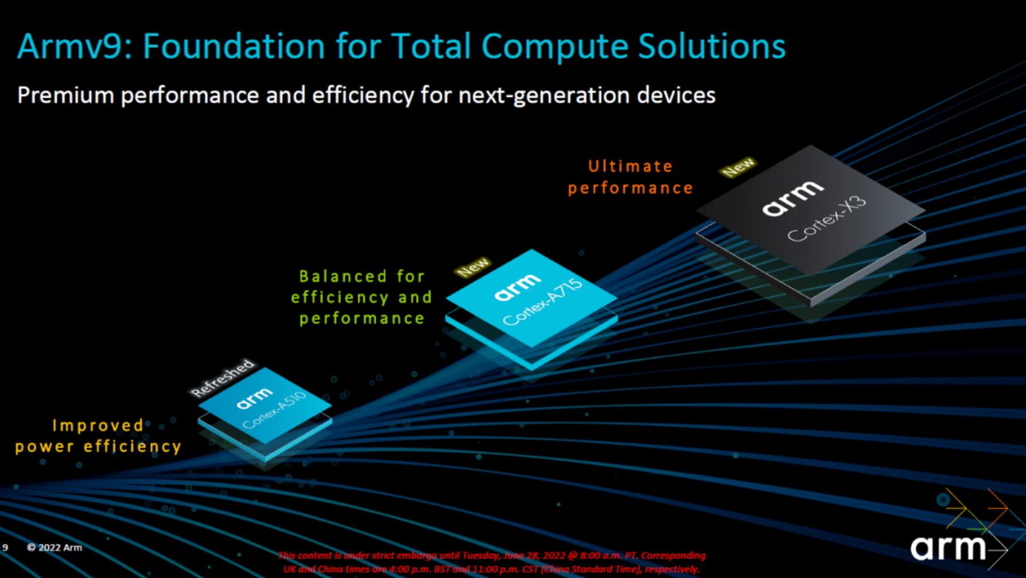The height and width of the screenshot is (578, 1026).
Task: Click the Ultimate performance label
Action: tap(630, 177)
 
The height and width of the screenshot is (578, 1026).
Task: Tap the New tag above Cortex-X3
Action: tap(738, 167)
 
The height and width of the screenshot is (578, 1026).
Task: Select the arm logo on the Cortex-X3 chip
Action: tap(792, 197)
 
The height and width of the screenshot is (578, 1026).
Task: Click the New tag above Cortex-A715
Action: tap(473, 267)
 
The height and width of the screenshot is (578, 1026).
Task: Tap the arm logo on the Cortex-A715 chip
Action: tap(517, 286)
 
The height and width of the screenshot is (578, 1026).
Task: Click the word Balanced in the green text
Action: tap(342, 276)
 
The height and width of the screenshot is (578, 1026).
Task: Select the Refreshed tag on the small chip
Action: tap(222, 378)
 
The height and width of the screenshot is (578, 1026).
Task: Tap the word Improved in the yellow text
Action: tap(98, 425)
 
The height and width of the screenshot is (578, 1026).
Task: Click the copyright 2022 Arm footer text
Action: tap(54, 548)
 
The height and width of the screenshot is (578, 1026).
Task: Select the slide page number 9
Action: tap(5, 548)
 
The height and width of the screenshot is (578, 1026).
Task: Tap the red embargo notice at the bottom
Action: tap(491, 562)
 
